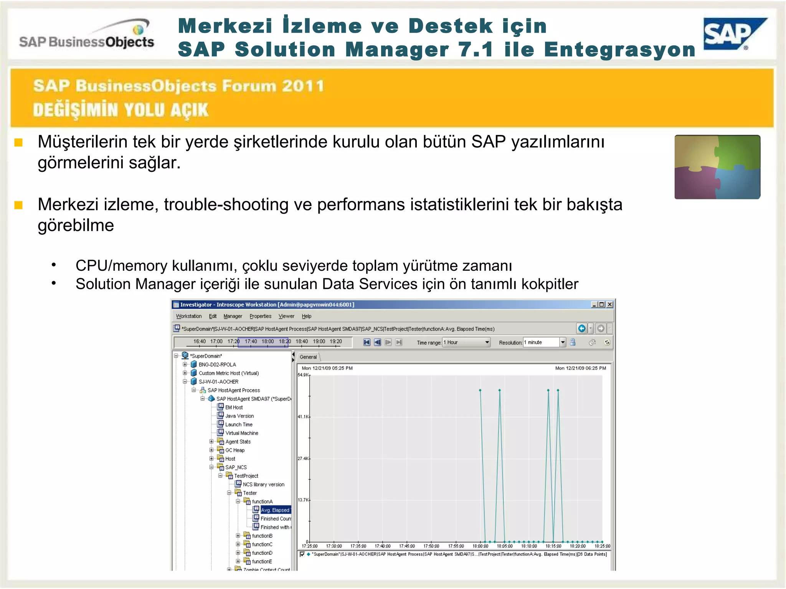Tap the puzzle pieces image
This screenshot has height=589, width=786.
pos(717,167)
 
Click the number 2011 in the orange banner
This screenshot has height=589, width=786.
pos(303,86)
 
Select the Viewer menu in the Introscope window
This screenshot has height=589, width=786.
pos(286,316)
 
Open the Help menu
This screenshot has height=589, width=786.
pos(306,316)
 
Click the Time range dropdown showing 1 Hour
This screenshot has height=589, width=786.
pos(466,342)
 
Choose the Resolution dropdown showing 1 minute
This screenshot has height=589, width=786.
pos(544,342)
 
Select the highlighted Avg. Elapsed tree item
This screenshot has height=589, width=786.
pos(275,510)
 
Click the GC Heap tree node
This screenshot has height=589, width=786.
pos(234,450)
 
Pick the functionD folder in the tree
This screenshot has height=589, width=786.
pos(262,553)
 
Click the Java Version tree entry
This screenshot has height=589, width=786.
pos(239,416)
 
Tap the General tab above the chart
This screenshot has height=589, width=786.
pos(308,357)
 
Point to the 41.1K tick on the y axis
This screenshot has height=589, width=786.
pos(304,416)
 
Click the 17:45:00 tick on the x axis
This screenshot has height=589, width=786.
pos(407,546)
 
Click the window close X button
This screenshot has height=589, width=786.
pos(610,305)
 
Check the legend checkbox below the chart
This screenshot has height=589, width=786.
pos(302,554)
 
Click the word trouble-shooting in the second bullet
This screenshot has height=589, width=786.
pos(226,205)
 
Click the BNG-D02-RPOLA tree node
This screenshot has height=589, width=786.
pos(217,365)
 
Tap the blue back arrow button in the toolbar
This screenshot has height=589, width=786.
pos(582,329)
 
